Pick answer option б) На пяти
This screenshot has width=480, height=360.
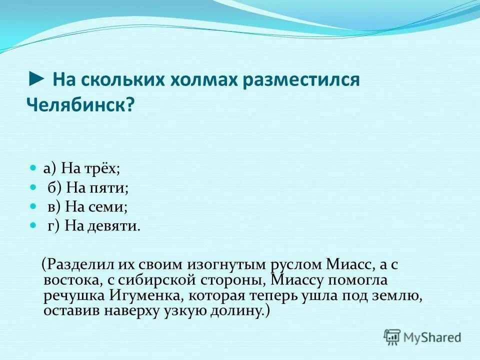[x=88, y=188]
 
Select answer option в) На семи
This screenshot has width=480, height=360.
[x=87, y=206]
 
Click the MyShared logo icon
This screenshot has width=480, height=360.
[x=392, y=337]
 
